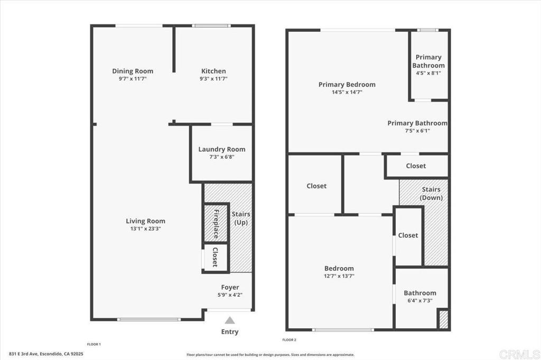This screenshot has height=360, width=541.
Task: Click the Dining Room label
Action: pyautogui.click(x=133, y=71)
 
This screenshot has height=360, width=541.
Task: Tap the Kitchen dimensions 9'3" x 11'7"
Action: pyautogui.click(x=213, y=79)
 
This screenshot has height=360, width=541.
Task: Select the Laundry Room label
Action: pyautogui.click(x=222, y=149)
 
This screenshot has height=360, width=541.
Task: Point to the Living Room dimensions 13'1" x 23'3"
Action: pyautogui.click(x=145, y=229)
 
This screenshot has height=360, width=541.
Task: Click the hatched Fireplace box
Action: pyautogui.click(x=216, y=223)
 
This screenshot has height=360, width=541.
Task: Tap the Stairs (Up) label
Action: pyautogui.click(x=241, y=219)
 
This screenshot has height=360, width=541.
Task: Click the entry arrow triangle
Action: pyautogui.click(x=230, y=321)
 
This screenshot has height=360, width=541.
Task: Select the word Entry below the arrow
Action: pyautogui.click(x=230, y=331)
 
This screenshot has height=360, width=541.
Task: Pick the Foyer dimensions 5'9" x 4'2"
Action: pyautogui.click(x=230, y=295)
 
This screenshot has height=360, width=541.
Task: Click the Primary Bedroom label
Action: pyautogui.click(x=347, y=84)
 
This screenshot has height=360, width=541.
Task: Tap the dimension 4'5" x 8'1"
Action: pyautogui.click(x=428, y=73)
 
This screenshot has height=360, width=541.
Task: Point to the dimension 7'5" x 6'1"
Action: pyautogui.click(x=417, y=131)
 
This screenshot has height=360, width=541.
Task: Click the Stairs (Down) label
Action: pyautogui.click(x=431, y=193)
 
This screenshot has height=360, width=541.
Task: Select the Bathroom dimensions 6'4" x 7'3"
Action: pyautogui.click(x=420, y=300)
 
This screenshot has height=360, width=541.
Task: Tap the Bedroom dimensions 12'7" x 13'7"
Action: pyautogui.click(x=339, y=276)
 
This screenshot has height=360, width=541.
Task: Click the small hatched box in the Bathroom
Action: pyautogui.click(x=443, y=319)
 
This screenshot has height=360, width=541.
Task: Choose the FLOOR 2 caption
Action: pyautogui.click(x=289, y=340)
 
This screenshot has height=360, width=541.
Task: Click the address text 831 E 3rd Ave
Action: pyautogui.click(x=23, y=354)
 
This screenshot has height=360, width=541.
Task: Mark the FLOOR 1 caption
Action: pyautogui.click(x=94, y=344)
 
